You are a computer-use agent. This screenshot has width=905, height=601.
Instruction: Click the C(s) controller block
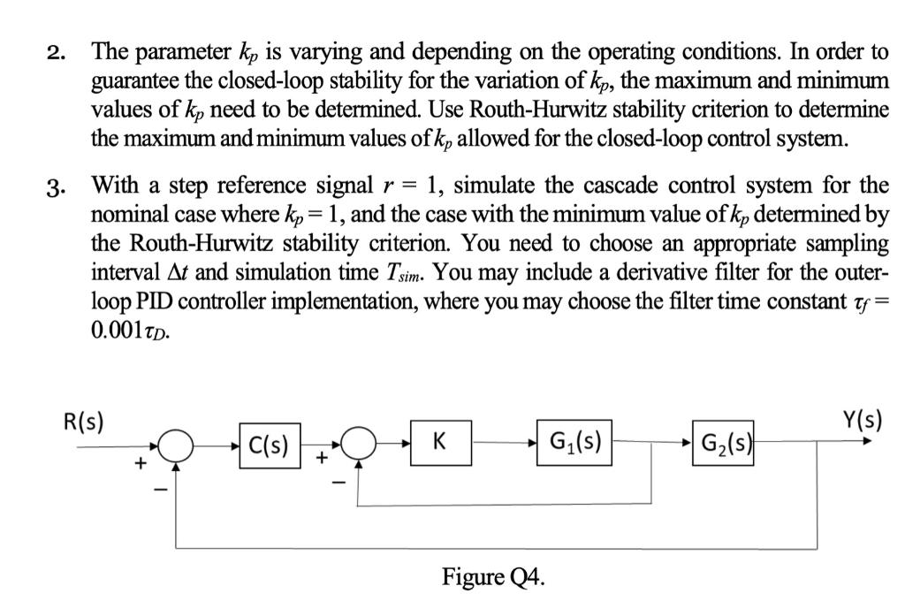pos(270,445)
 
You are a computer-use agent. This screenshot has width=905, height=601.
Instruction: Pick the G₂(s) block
pos(726,441)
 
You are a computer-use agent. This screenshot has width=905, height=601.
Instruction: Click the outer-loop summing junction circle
pos(177,446)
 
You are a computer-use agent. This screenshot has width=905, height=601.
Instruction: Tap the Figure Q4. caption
pos(493,578)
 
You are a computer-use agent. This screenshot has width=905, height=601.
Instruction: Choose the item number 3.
pos(56,186)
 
